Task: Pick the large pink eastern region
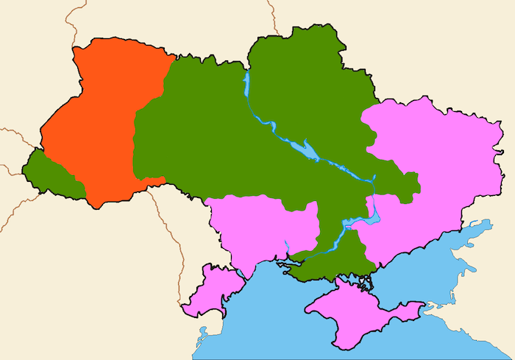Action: tap(434, 169)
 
